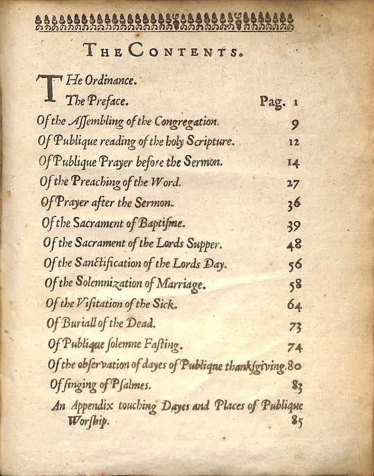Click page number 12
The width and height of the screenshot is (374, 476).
point(294,142)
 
